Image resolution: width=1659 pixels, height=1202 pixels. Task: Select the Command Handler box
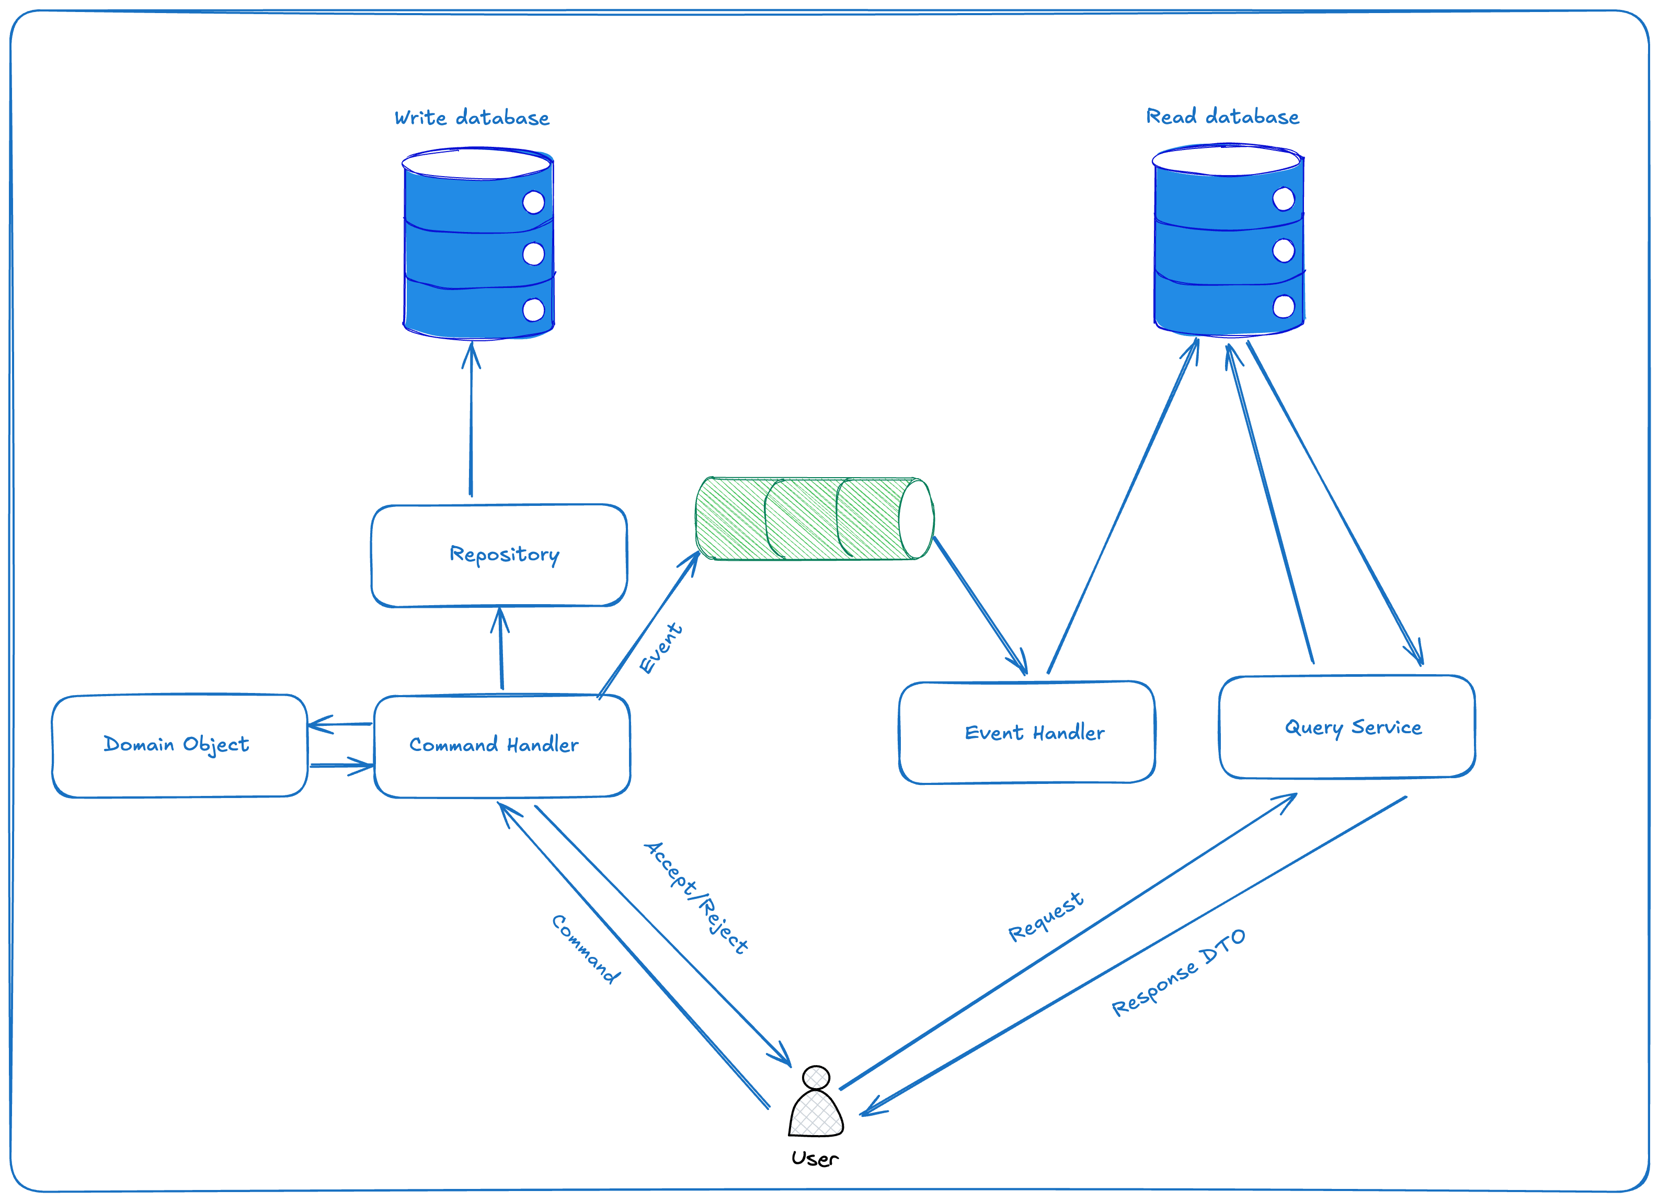pos(502,746)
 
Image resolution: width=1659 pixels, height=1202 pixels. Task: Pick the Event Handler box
pos(1026,733)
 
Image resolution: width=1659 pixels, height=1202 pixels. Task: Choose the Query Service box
pos(1347,727)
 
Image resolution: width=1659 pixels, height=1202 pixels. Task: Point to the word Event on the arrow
pos(660,649)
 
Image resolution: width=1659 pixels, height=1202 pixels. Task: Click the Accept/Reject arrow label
pos(695,897)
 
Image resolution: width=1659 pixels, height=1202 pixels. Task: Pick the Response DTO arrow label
pos(1177,973)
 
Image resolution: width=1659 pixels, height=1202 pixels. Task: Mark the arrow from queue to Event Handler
pos(980,605)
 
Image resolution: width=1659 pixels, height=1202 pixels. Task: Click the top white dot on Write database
pos(533,203)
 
